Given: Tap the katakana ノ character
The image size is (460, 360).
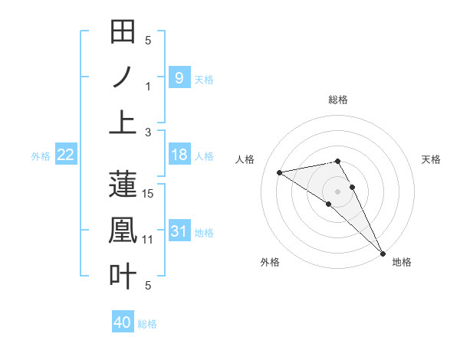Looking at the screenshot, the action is click(x=123, y=77).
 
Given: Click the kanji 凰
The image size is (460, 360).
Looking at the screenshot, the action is click(x=123, y=230).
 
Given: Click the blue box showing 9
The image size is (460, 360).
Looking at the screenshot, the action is click(x=179, y=77).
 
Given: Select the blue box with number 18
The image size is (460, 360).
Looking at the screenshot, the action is click(x=179, y=155).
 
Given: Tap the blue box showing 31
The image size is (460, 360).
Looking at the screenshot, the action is click(x=179, y=231).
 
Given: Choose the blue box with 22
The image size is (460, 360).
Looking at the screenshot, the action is click(x=65, y=155).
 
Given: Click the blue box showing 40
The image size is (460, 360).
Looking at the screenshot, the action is click(x=122, y=322).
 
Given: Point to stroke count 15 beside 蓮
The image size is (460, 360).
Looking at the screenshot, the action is click(x=149, y=194).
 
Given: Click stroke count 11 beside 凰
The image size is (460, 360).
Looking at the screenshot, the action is click(x=149, y=240).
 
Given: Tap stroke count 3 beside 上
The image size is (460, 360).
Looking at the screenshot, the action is click(x=149, y=132).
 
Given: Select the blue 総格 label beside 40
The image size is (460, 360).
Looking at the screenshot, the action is click(x=147, y=324).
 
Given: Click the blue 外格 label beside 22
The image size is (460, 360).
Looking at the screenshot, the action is click(x=41, y=155).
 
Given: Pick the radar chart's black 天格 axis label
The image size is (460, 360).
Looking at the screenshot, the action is click(x=431, y=159).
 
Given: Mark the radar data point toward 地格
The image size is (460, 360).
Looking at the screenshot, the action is click(x=382, y=252).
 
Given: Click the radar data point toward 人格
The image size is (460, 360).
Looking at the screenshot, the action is click(x=280, y=172).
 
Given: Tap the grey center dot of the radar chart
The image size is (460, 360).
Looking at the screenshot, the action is click(x=338, y=191).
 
